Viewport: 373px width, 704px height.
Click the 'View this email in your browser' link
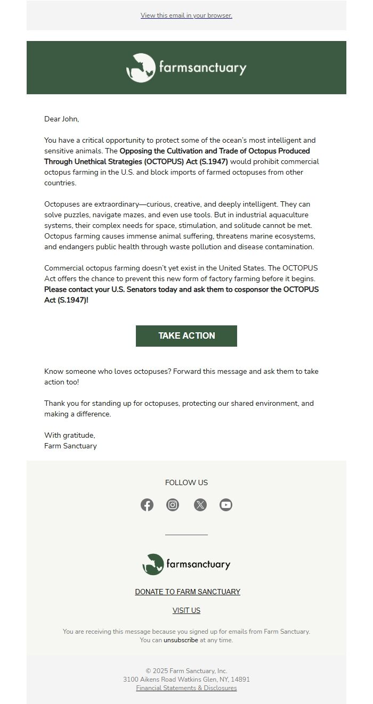click(186, 15)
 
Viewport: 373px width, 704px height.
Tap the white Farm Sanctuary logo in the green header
click(186, 68)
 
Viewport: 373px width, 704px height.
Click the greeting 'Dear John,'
click(61, 119)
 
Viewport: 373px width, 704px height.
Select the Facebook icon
click(147, 505)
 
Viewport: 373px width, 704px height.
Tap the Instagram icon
click(173, 505)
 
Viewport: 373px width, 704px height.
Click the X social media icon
click(200, 505)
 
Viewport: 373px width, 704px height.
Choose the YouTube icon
click(226, 505)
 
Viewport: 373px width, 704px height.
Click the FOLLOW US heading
click(186, 483)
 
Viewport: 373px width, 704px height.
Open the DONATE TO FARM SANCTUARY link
click(188, 592)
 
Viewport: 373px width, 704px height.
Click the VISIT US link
click(186, 610)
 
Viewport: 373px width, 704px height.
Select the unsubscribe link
click(181, 640)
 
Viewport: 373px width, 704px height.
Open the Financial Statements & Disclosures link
click(186, 688)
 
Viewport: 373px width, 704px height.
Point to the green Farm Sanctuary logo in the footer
click(186, 564)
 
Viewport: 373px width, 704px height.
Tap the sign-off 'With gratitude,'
click(70, 436)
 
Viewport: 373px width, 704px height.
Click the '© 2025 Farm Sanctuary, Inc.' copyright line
click(186, 671)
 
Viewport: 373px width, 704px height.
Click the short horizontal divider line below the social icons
click(186, 534)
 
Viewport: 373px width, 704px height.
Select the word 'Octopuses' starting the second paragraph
click(60, 204)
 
